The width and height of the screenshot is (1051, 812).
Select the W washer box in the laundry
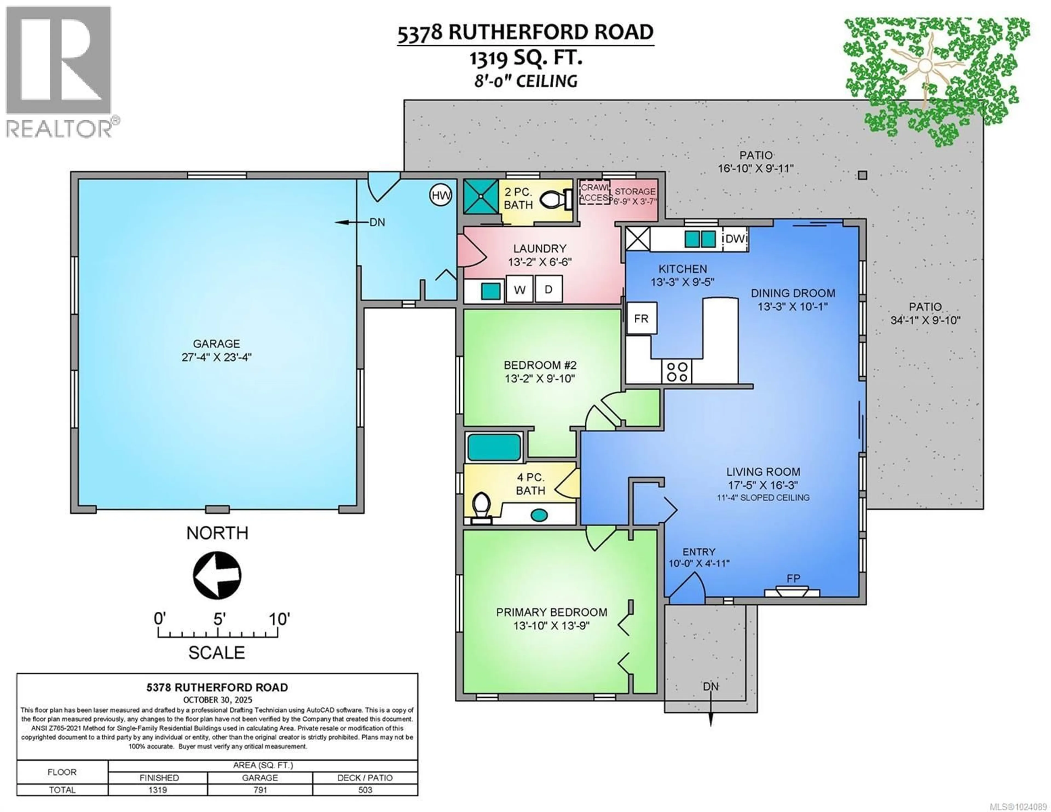point(520,289)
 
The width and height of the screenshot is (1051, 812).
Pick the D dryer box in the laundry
point(548,289)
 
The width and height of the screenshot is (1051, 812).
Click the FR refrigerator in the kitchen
point(642,319)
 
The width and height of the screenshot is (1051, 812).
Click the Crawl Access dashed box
point(595,192)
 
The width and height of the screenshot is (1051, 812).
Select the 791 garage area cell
point(260,790)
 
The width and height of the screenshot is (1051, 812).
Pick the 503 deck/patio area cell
point(365,790)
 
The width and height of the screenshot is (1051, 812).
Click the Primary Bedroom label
point(552,612)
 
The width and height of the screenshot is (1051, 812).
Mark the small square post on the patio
point(862,175)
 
